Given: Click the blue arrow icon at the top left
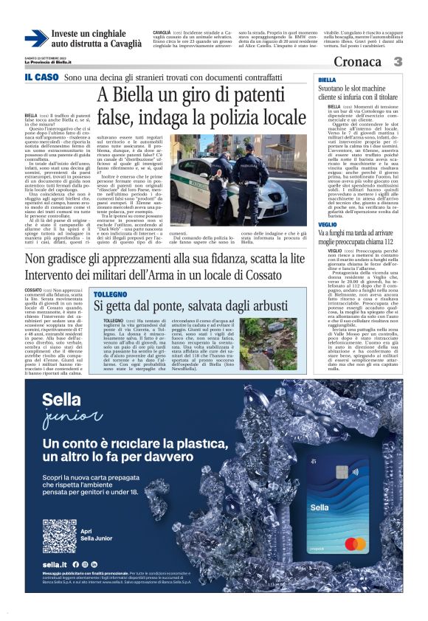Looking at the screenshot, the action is (36, 38).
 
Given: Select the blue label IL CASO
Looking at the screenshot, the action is (41, 77).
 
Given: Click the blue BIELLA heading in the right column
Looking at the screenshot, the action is (327, 79).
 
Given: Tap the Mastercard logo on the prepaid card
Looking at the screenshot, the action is (356, 544).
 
